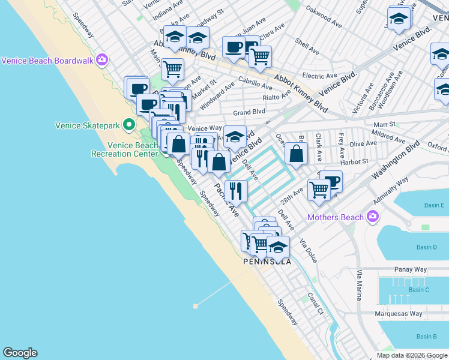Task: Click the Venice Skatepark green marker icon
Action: click(x=128, y=125)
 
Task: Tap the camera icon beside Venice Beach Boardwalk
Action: click(x=102, y=60)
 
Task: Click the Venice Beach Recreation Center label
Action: click(x=125, y=149)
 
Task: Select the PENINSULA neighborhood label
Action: click(x=267, y=262)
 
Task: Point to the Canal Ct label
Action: click(x=316, y=304)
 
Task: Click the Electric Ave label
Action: click(x=320, y=76)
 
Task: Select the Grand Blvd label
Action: click(x=249, y=112)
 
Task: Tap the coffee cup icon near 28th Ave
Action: click(x=330, y=181)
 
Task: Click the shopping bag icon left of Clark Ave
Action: click(x=296, y=153)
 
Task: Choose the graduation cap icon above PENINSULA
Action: click(x=278, y=247)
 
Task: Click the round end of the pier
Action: click(x=195, y=306)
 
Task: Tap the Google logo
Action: click(x=20, y=353)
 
